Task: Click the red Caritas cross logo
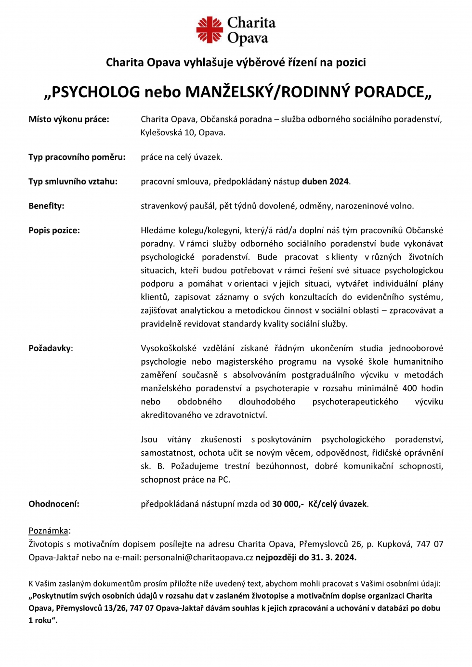coord(210,30)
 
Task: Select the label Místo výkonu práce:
coord(69,119)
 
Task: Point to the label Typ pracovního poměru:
coord(77,157)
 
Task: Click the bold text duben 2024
coord(325,182)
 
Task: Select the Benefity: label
coord(46,206)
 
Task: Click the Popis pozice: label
coord(54,230)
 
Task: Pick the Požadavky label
coord(50,348)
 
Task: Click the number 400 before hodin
coord(409,388)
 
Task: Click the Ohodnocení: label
coord(54,504)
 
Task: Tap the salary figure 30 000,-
coord(288,504)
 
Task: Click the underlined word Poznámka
coord(48,531)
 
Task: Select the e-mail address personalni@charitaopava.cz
coord(198,558)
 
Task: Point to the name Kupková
coord(393,544)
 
